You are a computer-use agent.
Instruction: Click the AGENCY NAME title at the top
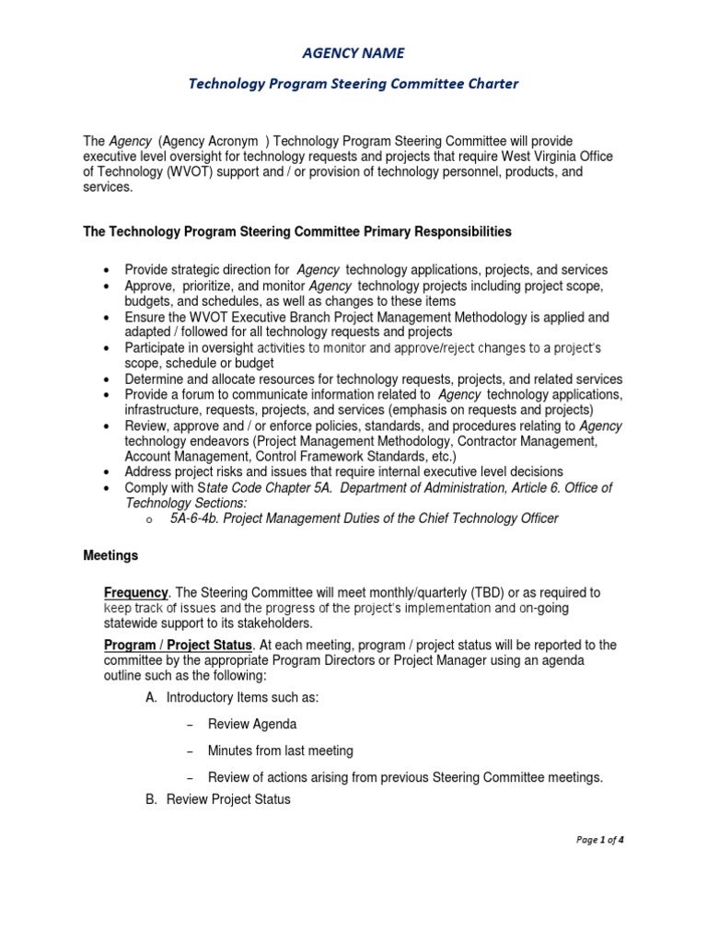click(x=353, y=53)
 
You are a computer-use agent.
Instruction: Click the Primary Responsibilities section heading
click(x=297, y=231)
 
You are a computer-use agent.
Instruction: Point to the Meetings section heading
click(x=110, y=556)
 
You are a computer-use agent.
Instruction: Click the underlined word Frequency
click(x=135, y=592)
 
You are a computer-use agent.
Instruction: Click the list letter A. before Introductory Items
click(x=152, y=697)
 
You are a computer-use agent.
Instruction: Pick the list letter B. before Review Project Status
click(x=152, y=799)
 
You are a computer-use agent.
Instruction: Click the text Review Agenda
click(x=252, y=725)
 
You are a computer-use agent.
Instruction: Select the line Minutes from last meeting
click(x=281, y=751)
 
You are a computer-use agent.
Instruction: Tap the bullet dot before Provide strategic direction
click(x=109, y=271)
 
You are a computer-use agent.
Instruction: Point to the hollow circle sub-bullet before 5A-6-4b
click(x=149, y=520)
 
